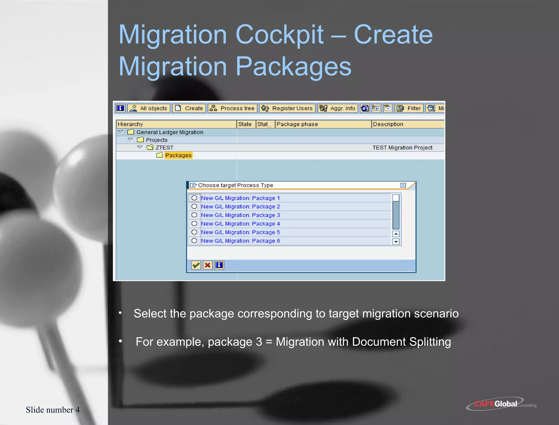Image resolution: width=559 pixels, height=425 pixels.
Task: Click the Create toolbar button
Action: (189, 108)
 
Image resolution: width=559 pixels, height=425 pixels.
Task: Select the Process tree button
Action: (233, 108)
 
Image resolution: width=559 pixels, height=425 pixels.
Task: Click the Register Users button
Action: (287, 108)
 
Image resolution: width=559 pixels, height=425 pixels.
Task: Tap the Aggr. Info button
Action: (338, 108)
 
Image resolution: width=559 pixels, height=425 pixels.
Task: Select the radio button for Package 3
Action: (194, 215)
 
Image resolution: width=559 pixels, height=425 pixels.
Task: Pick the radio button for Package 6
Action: (194, 241)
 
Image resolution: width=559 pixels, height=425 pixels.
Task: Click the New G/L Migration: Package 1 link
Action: (240, 198)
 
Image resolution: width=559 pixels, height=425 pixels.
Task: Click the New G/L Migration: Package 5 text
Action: (240, 232)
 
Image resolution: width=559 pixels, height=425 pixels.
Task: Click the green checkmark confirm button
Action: (196, 265)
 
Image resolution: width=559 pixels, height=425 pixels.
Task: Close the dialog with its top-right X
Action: (403, 185)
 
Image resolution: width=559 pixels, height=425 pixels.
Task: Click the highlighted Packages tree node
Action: (178, 155)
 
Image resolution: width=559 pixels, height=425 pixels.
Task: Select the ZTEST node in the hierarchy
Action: (164, 148)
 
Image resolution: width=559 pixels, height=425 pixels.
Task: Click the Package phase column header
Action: (297, 124)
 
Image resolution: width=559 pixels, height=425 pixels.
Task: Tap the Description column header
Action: (388, 124)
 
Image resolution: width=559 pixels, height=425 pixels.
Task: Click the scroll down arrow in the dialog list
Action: (396, 242)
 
